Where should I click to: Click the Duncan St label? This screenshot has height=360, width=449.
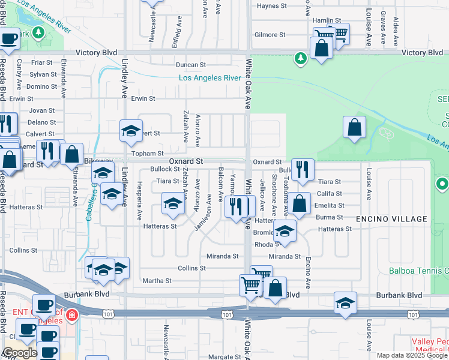[191, 64]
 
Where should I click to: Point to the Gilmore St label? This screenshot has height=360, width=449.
[270, 35]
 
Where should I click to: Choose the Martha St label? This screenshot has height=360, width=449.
[157, 280]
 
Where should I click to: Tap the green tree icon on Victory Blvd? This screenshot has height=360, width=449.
[300, 58]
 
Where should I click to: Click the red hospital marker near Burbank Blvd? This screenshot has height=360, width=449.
[72, 314]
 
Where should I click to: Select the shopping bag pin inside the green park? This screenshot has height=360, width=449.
[354, 127]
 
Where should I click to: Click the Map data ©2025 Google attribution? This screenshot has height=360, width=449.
[412, 355]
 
